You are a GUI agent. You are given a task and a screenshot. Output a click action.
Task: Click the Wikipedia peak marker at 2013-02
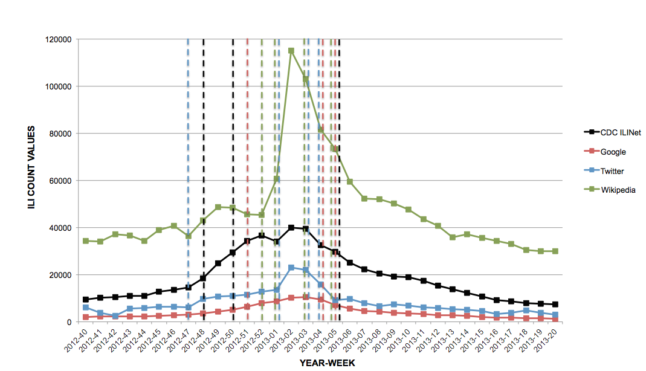point(291,51)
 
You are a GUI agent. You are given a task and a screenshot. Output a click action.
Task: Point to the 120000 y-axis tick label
point(59,40)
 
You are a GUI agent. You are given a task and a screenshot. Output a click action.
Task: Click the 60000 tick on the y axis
point(61,181)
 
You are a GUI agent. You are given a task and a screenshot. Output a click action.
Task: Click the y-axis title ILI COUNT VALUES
point(31,168)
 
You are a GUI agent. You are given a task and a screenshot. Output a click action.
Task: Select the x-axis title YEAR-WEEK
point(327,363)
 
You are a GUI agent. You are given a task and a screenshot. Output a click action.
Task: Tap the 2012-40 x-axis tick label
point(76,339)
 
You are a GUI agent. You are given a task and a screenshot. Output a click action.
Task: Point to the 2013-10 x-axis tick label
point(399,339)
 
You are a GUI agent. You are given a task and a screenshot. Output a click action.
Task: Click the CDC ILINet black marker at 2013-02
point(291,228)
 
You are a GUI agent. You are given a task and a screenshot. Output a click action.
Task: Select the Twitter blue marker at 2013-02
point(291,267)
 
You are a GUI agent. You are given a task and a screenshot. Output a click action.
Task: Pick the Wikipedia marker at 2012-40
point(85,241)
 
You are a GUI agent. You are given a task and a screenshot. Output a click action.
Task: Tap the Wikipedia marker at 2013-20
point(555,251)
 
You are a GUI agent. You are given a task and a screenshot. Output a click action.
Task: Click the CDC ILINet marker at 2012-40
point(85,300)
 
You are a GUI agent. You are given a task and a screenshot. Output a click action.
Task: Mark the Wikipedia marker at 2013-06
point(350,182)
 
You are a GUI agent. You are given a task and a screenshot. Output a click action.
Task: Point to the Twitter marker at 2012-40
point(85,308)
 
